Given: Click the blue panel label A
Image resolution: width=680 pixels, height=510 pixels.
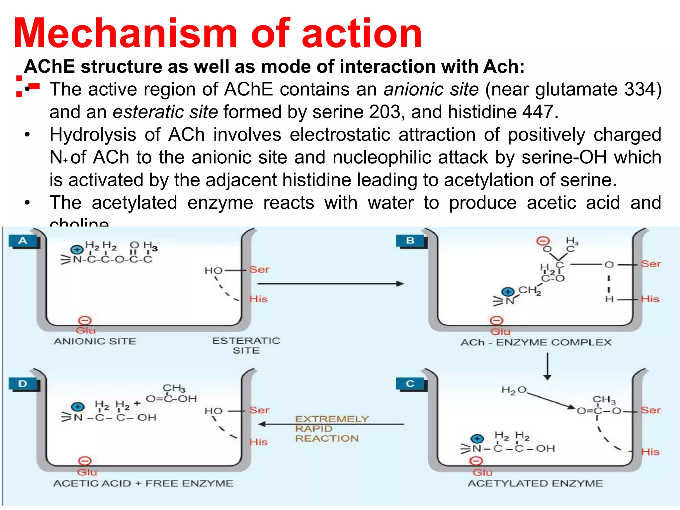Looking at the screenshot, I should click(x=23, y=241).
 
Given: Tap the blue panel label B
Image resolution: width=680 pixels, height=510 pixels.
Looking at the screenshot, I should click(x=410, y=241).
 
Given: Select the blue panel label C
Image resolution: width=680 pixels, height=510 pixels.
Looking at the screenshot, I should click(x=410, y=384).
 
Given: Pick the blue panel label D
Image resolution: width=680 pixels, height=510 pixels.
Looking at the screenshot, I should click(x=23, y=384).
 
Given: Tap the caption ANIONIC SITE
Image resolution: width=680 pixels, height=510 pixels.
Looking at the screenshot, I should click(x=95, y=341).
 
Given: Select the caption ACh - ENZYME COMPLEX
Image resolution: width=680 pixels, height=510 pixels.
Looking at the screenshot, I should click(x=536, y=342).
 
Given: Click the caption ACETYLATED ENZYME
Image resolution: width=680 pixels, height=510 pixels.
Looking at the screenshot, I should click(x=535, y=483).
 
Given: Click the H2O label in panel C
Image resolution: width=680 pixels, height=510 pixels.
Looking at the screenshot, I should click(x=514, y=390).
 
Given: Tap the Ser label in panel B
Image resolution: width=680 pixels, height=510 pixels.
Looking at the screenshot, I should click(x=650, y=264).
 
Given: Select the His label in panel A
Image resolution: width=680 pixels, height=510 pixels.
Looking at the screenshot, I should click(x=258, y=299).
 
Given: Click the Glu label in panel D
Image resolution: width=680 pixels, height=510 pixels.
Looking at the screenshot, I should click(x=87, y=472).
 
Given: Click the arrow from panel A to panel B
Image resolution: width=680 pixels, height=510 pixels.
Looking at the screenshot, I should click(x=330, y=284).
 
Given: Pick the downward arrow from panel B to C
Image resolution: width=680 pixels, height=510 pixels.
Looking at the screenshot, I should click(x=548, y=367).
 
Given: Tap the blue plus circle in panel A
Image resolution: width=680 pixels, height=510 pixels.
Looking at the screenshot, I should click(x=77, y=250).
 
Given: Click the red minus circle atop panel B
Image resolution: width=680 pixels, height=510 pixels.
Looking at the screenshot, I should click(x=544, y=241).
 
